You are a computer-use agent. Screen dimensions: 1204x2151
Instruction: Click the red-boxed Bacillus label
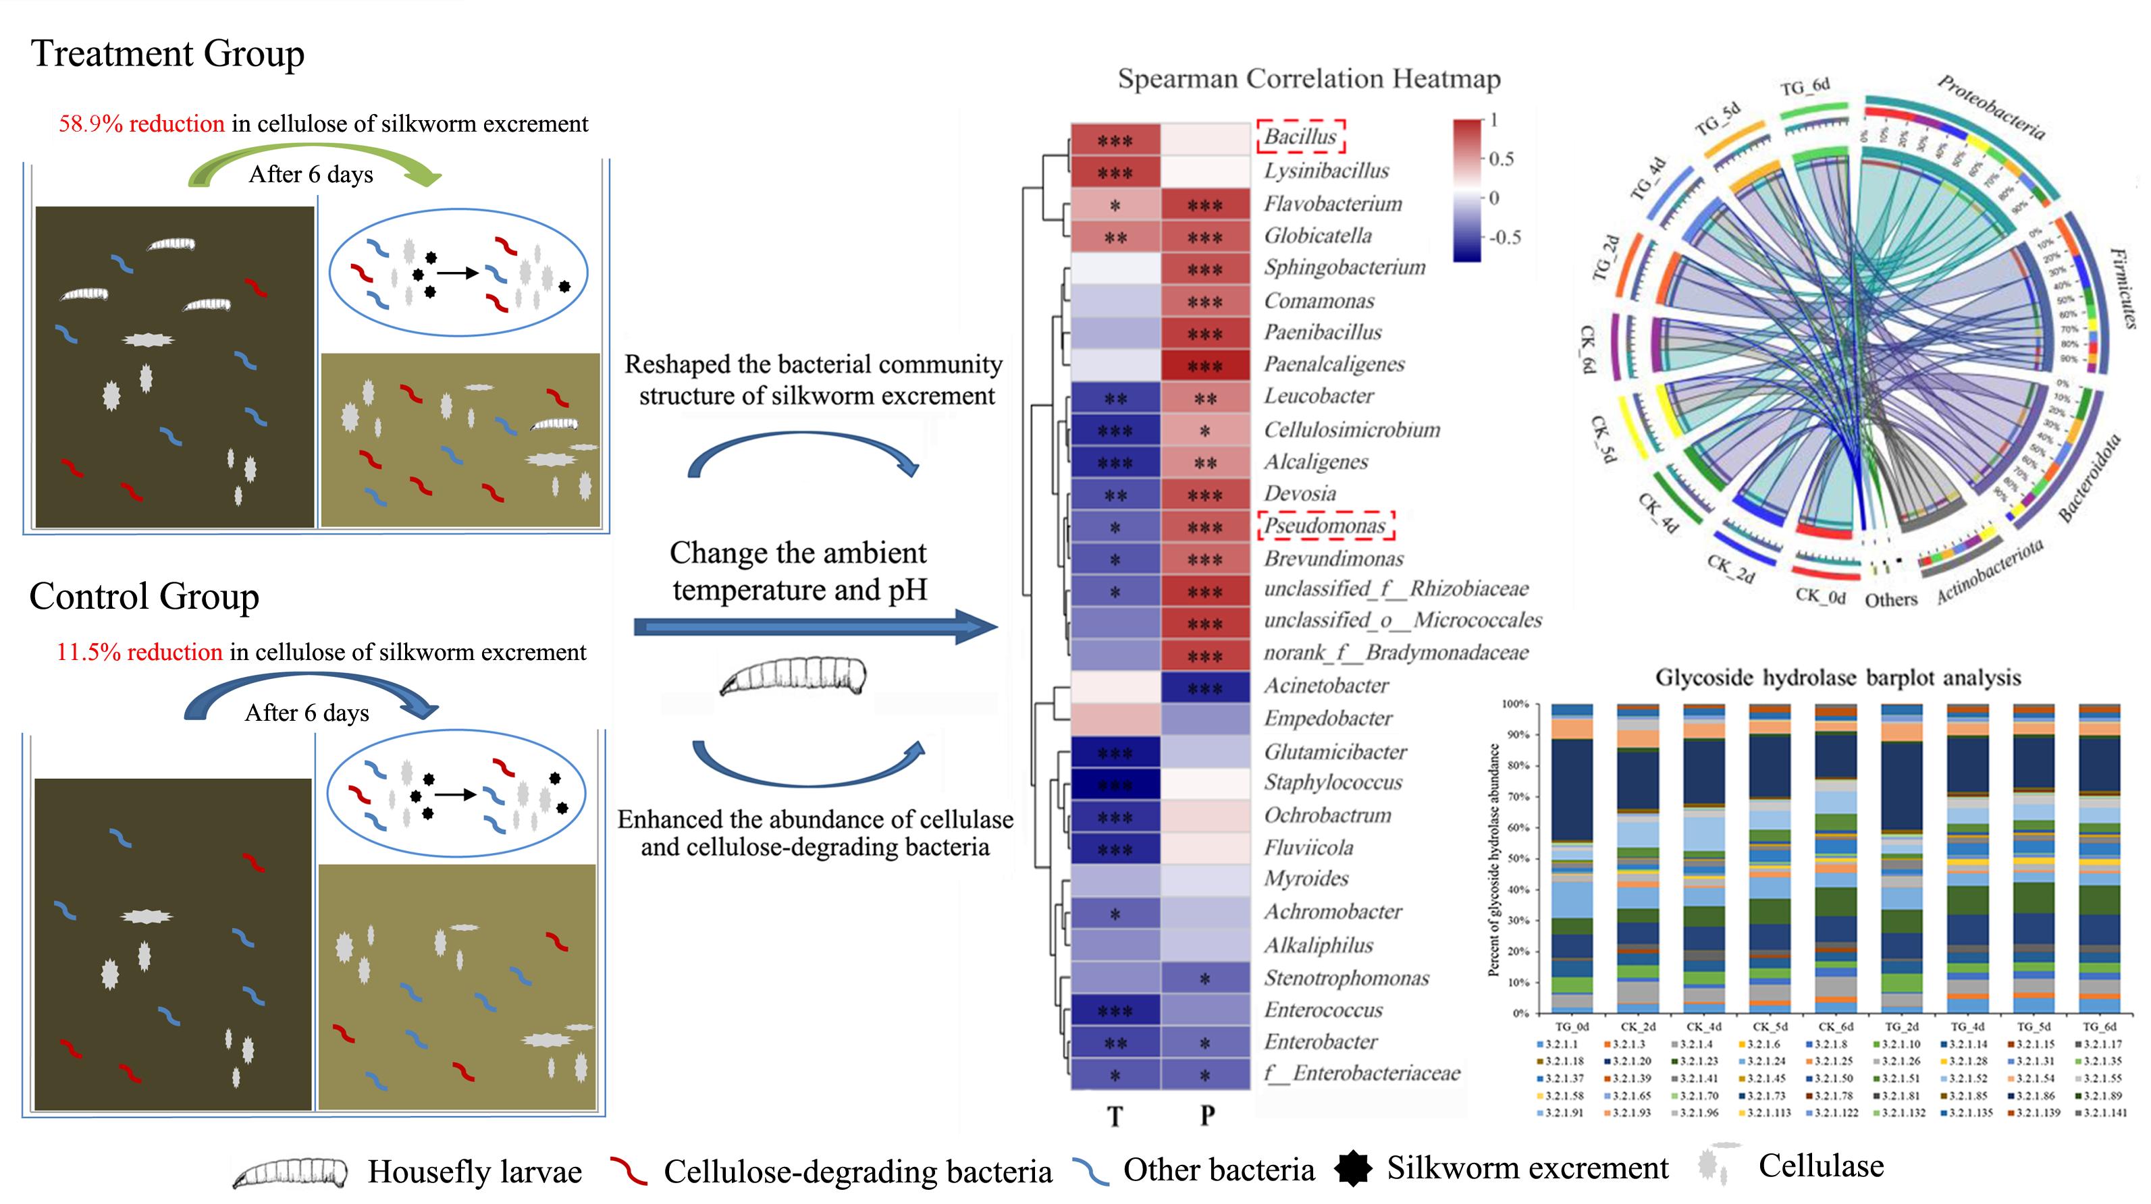point(1300,137)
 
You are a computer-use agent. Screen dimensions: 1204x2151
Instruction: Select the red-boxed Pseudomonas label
point(1325,526)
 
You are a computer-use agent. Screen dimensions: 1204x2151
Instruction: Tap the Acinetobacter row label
point(1326,686)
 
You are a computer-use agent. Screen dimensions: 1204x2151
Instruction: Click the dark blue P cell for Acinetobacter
point(1205,688)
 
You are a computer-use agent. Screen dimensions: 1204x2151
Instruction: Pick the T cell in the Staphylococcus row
point(1115,785)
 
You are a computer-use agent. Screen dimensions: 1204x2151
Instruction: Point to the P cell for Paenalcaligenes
point(1205,366)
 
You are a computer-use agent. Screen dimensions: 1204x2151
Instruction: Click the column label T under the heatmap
point(1115,1116)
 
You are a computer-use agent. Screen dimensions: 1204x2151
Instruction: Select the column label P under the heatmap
point(1206,1116)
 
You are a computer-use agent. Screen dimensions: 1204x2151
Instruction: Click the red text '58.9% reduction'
point(141,124)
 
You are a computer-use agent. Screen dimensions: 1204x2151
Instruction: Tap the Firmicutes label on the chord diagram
point(2124,288)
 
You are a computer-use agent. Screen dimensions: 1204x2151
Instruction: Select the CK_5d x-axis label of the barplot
point(1768,1026)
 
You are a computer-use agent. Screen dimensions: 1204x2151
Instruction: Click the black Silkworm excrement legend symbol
point(1353,1169)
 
